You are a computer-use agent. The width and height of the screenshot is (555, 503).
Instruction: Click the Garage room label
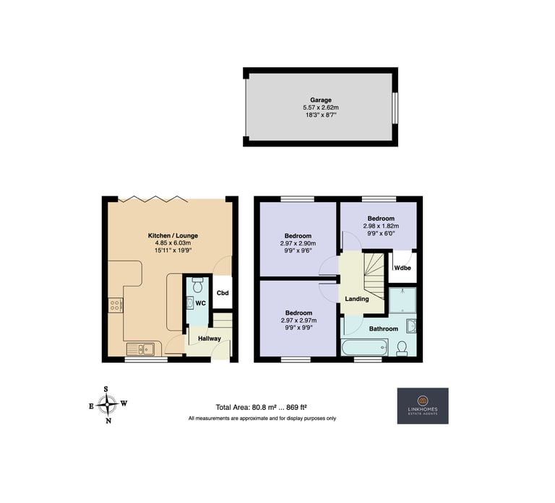point(321,100)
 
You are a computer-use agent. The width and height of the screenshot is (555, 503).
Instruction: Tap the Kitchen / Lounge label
point(173,235)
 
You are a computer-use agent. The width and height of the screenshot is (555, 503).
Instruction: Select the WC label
point(201,303)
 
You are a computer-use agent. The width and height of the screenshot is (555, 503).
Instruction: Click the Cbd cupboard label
point(223,293)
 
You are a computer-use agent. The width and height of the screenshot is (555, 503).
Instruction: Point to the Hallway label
point(209,338)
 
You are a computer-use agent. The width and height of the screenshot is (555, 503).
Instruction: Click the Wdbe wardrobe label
point(403,268)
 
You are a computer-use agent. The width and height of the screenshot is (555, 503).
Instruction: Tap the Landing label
point(357,299)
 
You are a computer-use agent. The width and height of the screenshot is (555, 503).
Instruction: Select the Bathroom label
point(383,329)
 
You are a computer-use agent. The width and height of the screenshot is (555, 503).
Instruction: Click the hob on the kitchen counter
point(116,305)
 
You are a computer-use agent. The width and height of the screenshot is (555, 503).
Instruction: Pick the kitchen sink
point(140,349)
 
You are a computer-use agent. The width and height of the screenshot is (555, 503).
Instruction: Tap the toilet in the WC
point(197,284)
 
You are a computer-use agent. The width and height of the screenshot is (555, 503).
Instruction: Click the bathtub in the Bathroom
point(364,347)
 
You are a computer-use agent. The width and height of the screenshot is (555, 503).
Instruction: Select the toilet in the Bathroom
point(402,349)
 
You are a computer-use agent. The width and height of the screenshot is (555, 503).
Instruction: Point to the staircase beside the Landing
point(374,276)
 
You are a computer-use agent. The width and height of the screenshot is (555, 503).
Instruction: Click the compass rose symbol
point(108,405)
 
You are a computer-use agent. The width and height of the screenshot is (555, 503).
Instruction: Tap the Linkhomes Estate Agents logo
point(423,406)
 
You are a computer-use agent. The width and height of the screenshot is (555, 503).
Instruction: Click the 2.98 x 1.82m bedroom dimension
point(381,226)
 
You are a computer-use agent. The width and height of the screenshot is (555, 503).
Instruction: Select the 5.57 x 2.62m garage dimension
point(321,108)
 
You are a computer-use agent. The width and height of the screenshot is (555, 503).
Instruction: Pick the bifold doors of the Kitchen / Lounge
point(153,199)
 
